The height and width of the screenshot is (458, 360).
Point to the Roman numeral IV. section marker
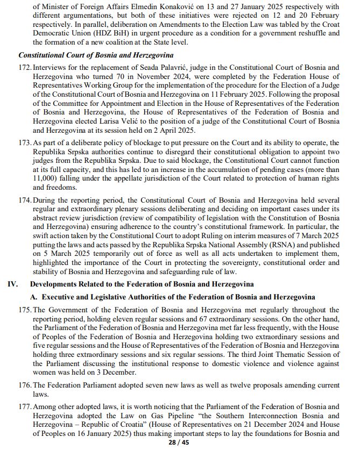pos(13,283)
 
